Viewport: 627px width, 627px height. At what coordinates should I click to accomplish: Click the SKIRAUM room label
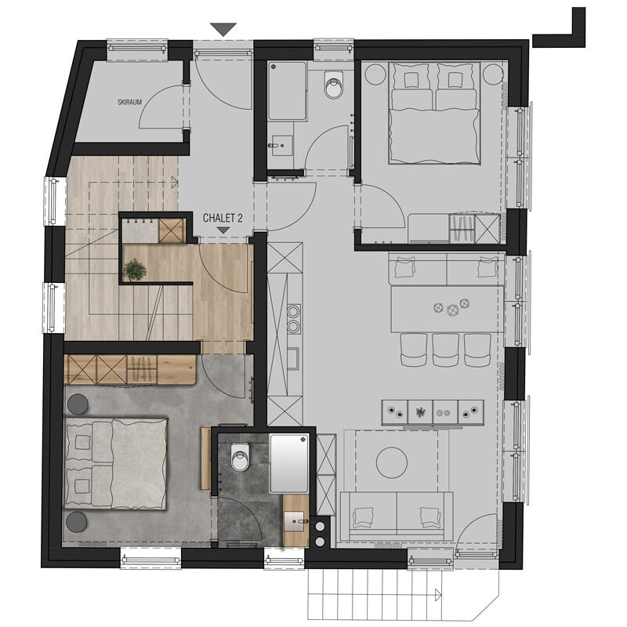click(x=129, y=102)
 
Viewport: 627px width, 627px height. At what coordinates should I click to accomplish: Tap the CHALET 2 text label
click(x=223, y=218)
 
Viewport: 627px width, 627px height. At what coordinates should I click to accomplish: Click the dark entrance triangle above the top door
click(x=223, y=30)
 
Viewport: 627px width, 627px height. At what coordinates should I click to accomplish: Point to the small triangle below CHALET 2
click(x=223, y=230)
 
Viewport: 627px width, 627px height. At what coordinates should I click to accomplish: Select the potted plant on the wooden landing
click(x=134, y=269)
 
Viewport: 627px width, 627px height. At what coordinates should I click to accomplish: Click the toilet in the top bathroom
click(x=334, y=85)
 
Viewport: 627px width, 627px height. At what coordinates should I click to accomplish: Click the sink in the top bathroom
click(x=282, y=146)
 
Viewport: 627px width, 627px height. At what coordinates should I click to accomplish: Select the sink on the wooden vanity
click(x=296, y=521)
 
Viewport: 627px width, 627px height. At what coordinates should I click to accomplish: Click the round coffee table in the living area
click(x=392, y=462)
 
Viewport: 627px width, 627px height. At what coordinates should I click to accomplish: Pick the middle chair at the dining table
click(x=445, y=350)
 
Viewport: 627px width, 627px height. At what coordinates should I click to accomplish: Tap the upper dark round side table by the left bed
click(x=78, y=404)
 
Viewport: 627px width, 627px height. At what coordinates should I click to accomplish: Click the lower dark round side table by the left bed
click(x=76, y=522)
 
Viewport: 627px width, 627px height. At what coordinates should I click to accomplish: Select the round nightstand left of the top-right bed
click(x=375, y=74)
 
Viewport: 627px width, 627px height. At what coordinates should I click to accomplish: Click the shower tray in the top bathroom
click(x=287, y=91)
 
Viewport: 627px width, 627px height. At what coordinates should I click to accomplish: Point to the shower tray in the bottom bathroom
click(x=289, y=463)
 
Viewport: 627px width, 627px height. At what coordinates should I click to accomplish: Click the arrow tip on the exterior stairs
click(x=441, y=595)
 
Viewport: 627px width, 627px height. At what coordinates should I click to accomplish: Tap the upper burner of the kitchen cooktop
click(x=293, y=310)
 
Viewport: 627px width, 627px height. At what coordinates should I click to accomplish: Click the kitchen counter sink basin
click(x=293, y=358)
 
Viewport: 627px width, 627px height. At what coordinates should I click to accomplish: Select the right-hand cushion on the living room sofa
click(x=429, y=517)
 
